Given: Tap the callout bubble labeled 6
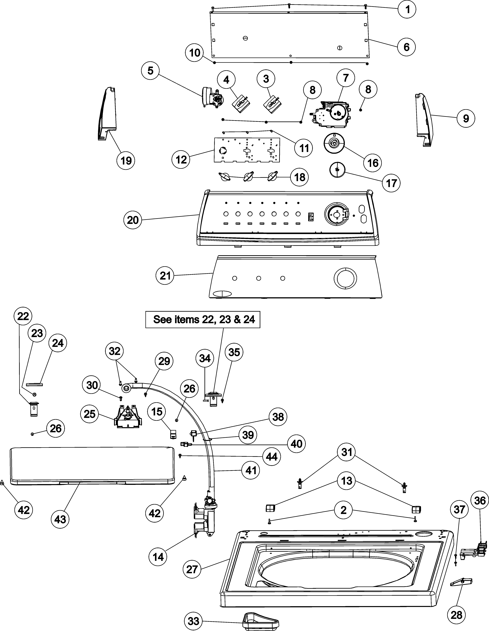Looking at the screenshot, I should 406,46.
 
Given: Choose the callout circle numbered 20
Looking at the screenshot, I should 133,220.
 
